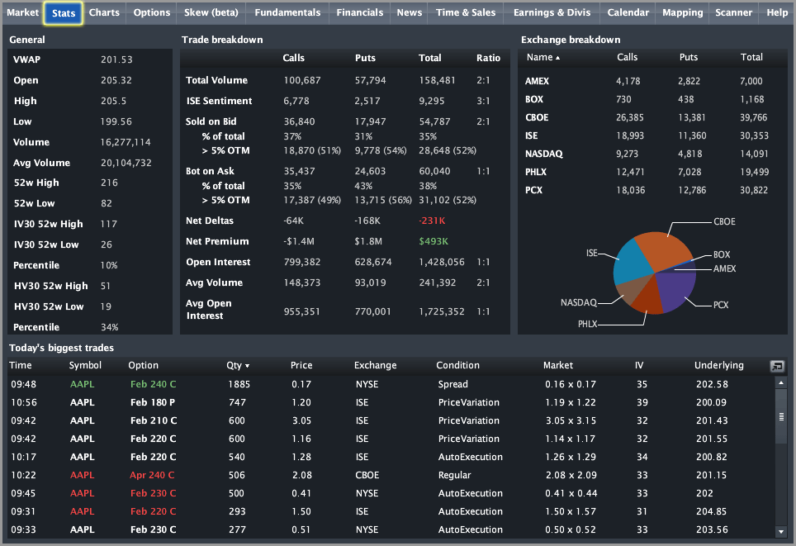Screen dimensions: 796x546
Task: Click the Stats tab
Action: coord(64,13)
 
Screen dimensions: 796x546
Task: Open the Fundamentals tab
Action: coord(287,12)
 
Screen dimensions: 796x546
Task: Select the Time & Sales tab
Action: coord(466,12)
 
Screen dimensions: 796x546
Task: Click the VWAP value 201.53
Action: coord(116,59)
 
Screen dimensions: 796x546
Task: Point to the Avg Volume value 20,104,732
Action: coord(126,163)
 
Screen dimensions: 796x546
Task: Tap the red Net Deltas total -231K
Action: coord(432,221)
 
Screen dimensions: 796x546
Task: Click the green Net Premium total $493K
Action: coord(433,242)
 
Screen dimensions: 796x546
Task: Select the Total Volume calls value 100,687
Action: coord(301,80)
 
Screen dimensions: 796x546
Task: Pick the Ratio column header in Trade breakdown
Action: coord(488,58)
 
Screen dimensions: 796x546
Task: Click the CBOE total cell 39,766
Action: coord(754,118)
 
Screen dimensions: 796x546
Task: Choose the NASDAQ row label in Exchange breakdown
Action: coord(543,154)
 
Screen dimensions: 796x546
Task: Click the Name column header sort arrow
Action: coord(557,58)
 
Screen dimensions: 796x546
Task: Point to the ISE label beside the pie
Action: coord(592,253)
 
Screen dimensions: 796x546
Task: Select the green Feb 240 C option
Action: coord(153,384)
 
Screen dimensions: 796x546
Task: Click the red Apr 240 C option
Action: coord(152,476)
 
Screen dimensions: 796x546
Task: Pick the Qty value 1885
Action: coord(239,384)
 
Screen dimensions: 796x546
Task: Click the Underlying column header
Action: coord(719,366)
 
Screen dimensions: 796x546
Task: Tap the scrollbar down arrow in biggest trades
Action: coord(781,532)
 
